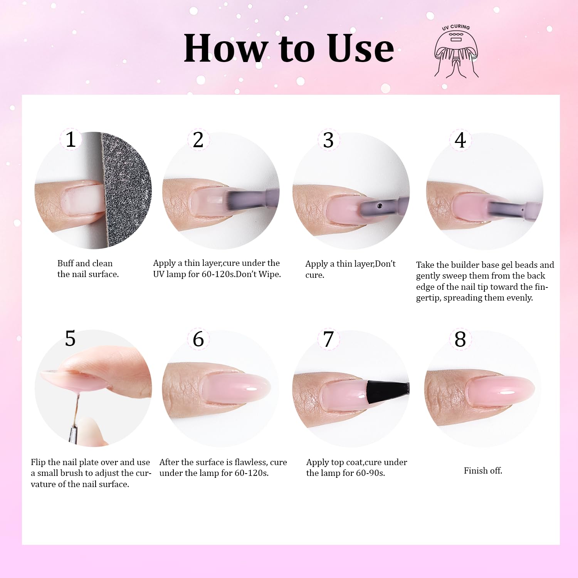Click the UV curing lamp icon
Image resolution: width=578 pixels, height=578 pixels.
click(x=456, y=52)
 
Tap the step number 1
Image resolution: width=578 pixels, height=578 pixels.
click(x=71, y=139)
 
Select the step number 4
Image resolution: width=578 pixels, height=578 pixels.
click(x=460, y=140)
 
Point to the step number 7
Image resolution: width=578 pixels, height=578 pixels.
click(x=328, y=339)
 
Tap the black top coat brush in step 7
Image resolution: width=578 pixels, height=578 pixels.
click(x=386, y=390)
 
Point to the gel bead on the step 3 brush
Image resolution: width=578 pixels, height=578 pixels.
click(x=380, y=206)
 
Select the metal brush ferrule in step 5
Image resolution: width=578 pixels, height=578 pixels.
click(x=72, y=434)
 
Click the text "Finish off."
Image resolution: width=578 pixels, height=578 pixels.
click(x=483, y=470)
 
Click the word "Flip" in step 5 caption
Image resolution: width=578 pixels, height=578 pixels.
click(x=38, y=462)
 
